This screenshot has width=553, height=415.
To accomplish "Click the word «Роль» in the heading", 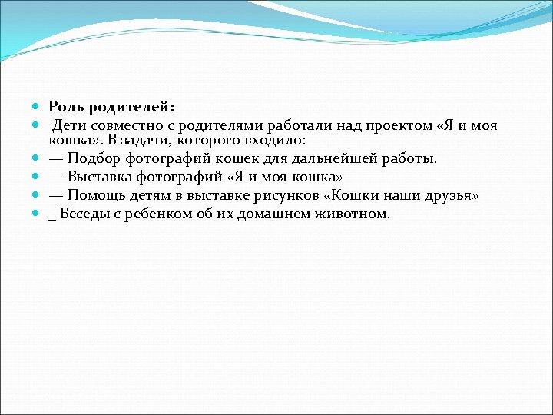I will point(66,107).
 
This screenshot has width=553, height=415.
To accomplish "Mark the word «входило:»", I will point(274,140).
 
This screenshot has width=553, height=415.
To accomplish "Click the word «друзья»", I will point(452,195).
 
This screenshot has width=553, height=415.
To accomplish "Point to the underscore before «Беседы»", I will point(52,217).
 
